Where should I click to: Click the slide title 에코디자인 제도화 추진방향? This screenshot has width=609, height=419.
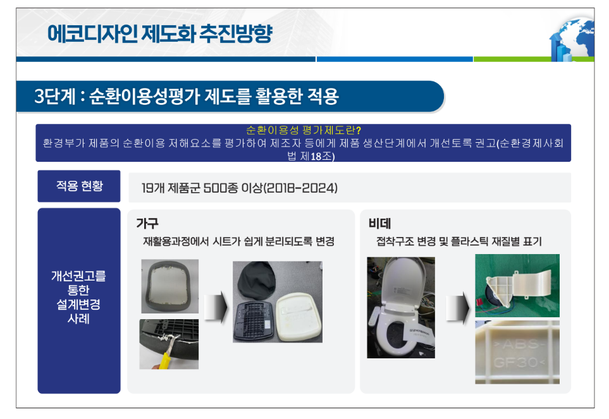pyautogui.click(x=159, y=33)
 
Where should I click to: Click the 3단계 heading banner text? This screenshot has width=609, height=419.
pyautogui.click(x=187, y=96)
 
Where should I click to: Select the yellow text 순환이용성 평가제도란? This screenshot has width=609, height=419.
pyautogui.click(x=304, y=130)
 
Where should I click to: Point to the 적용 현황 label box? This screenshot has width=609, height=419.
pyautogui.click(x=79, y=186)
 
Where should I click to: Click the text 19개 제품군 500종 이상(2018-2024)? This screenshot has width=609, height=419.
pyautogui.click(x=239, y=188)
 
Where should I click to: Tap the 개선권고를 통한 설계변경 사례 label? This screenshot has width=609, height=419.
pyautogui.click(x=79, y=297)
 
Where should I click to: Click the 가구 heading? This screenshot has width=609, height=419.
pyautogui.click(x=147, y=224)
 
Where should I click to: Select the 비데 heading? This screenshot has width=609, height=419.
pyautogui.click(x=379, y=224)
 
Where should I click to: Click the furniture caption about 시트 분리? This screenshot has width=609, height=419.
pyautogui.click(x=238, y=241)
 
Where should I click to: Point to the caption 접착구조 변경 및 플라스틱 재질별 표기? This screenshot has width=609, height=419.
pyautogui.click(x=458, y=241)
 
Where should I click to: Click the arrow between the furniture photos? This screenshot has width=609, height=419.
pyautogui.click(x=216, y=307)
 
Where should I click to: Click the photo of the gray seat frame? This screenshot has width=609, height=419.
pyautogui.click(x=169, y=286)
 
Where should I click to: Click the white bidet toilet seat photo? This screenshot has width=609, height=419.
pyautogui.click(x=401, y=307)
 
